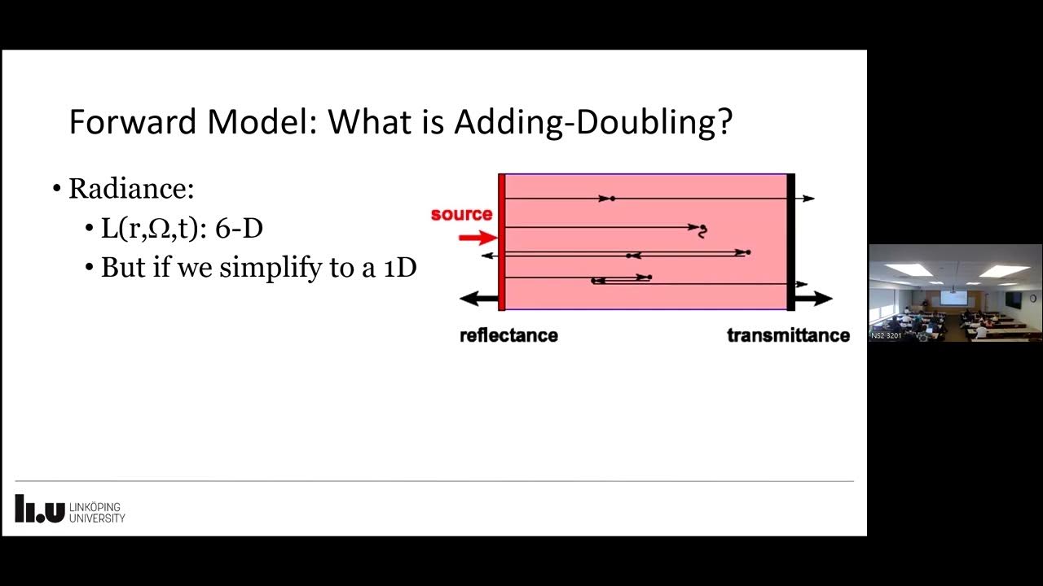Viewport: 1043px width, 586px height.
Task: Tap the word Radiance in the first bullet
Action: coord(130,189)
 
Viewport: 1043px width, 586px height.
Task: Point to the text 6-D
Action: coord(239,228)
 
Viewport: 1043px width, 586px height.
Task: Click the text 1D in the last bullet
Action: coord(400,267)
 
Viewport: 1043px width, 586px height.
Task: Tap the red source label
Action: coord(461,214)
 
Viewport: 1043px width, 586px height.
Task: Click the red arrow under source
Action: coord(477,238)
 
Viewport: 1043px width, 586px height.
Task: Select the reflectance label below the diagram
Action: coord(508,335)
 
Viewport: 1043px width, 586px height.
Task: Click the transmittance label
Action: coord(788,335)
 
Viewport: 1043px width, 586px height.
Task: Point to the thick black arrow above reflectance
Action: coord(478,299)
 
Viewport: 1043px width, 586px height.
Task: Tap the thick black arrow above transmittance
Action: coord(813,299)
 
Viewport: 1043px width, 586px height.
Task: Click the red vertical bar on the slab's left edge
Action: coord(502,242)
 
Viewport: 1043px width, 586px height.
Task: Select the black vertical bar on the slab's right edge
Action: coord(790,242)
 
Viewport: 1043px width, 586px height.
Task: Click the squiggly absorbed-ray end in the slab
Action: coord(702,231)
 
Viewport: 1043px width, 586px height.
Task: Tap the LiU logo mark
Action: coord(39,509)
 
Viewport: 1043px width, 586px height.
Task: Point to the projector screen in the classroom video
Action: coord(953,297)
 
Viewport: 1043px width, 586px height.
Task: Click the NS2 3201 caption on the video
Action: coord(886,335)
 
